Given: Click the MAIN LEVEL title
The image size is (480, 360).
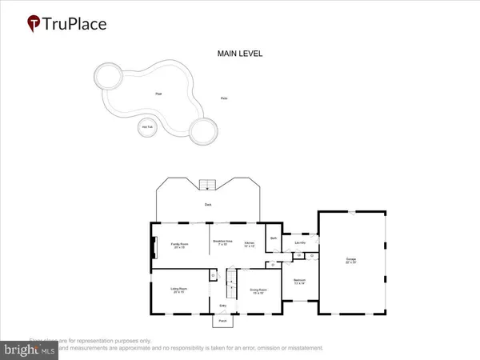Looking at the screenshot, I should coord(240,54).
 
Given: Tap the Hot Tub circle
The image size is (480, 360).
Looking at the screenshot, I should coord(146,127).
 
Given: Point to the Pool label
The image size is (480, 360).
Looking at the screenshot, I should coord(158,94).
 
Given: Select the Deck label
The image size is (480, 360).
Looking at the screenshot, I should coord(208,205).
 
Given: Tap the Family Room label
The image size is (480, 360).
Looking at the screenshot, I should coord(179,244).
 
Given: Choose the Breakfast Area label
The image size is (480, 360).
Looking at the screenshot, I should coord(222,242).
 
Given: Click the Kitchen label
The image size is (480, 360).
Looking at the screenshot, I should coord(250,244).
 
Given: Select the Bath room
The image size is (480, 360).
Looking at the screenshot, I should coord(273,239).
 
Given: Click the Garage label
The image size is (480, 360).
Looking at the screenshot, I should coord(350,260).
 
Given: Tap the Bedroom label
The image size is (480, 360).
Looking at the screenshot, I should coord(300,282).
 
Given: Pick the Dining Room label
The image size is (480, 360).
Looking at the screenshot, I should coord(258,291).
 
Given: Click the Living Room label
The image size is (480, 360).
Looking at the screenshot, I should coord(178,290).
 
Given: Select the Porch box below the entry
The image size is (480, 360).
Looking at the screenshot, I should coord(222,322).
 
